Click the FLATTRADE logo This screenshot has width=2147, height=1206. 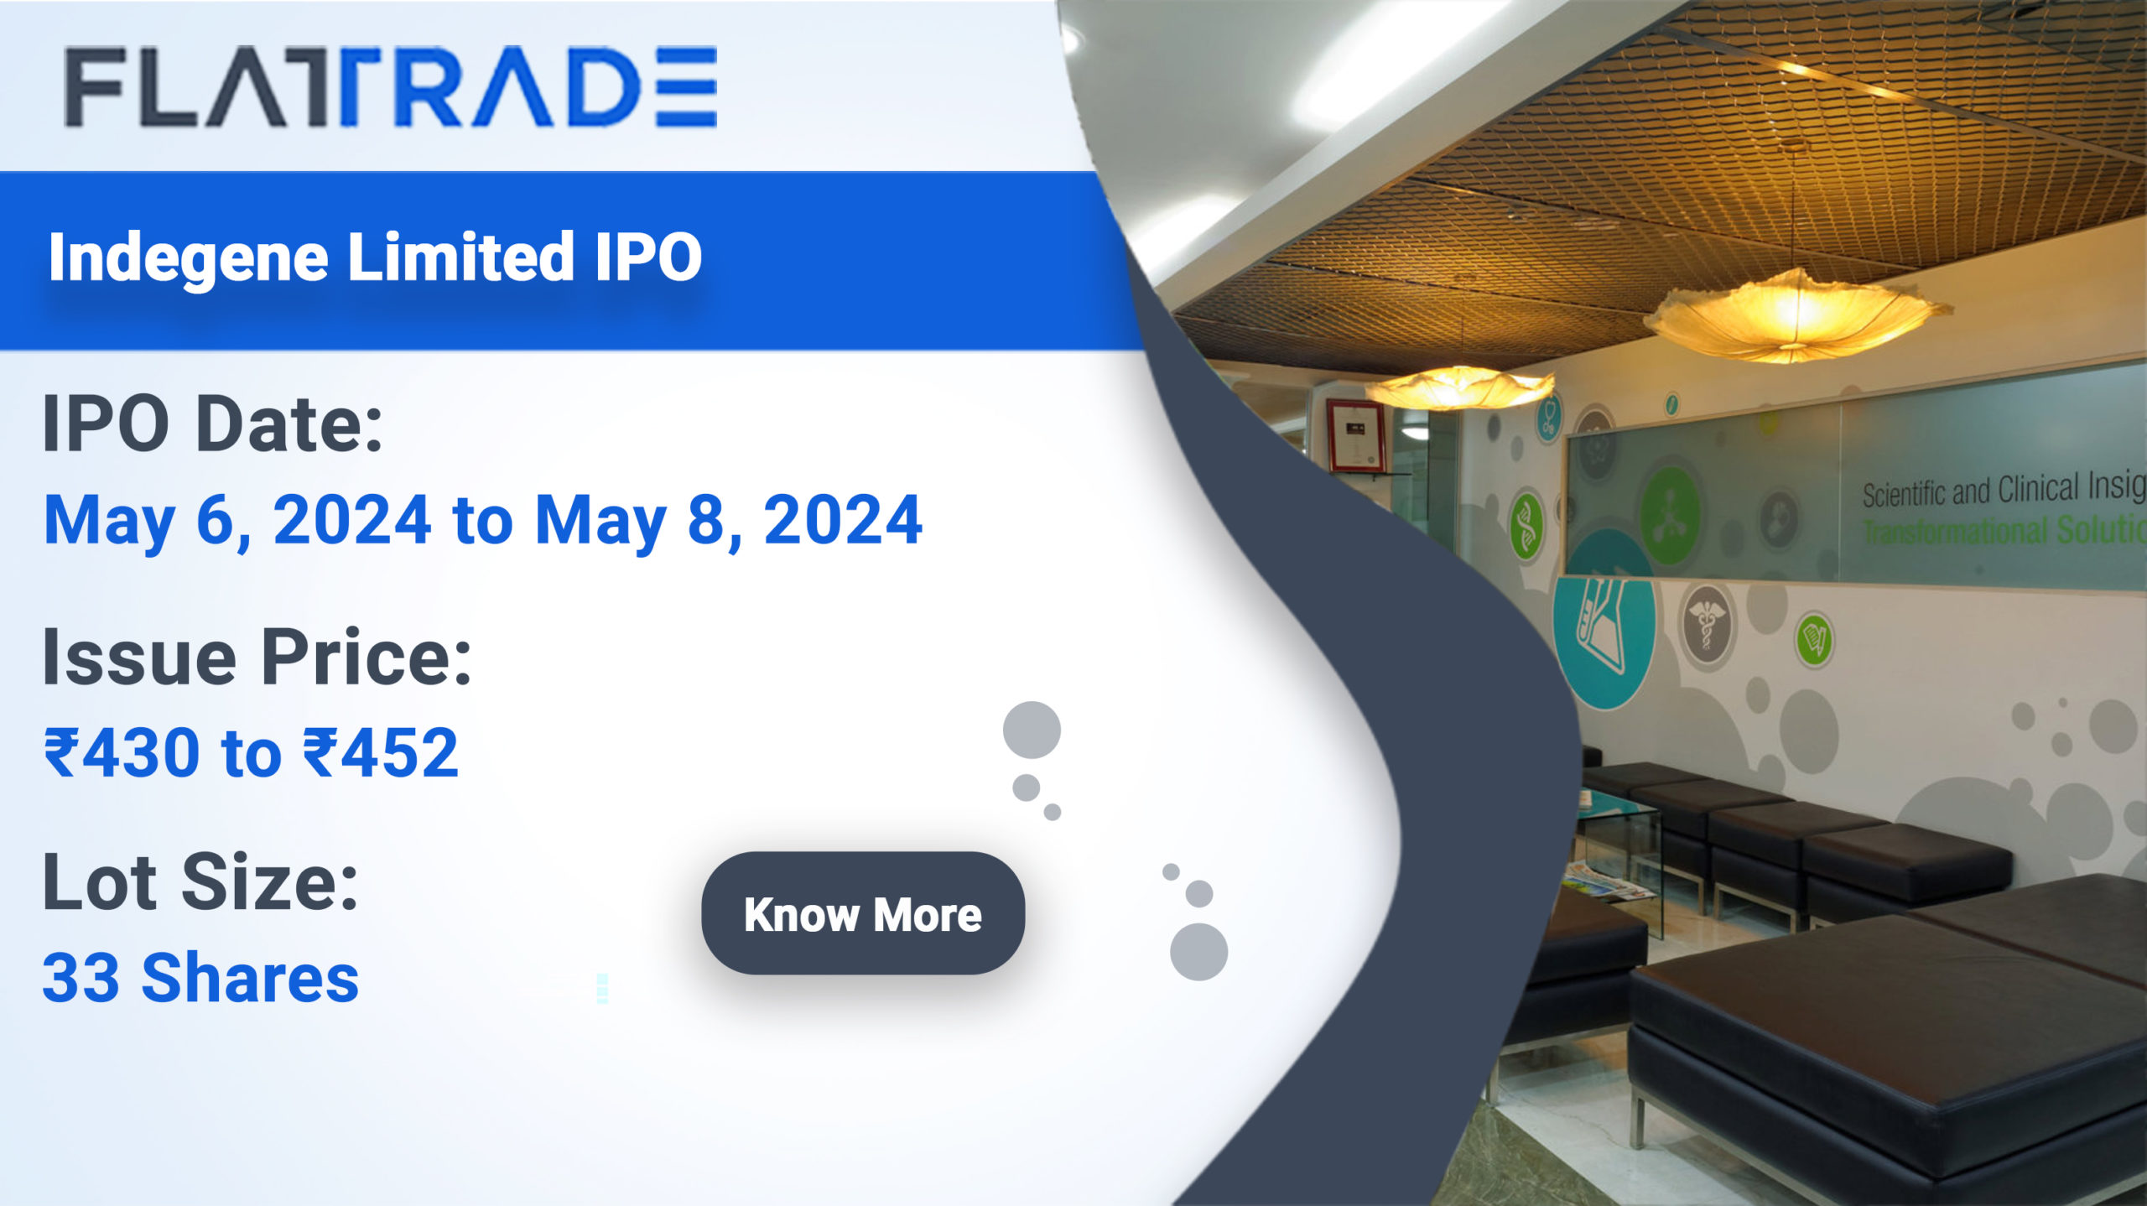click(390, 86)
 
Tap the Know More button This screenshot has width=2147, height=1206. click(862, 913)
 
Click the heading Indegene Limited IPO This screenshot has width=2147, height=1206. click(375, 257)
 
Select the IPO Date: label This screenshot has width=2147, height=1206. click(212, 424)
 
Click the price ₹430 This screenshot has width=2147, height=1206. click(122, 751)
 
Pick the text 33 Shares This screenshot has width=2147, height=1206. click(200, 978)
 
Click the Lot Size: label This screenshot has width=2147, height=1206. click(200, 881)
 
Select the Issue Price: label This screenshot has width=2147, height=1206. click(257, 657)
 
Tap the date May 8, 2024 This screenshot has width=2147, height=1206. click(728, 521)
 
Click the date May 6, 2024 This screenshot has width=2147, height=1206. click(237, 521)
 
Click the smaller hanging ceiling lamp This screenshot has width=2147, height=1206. click(1459, 387)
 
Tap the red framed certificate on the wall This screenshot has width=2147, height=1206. click(1354, 435)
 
